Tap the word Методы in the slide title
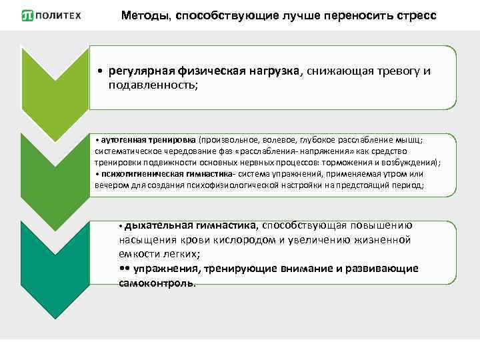[x=143, y=15]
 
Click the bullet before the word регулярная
[x=99, y=72]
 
